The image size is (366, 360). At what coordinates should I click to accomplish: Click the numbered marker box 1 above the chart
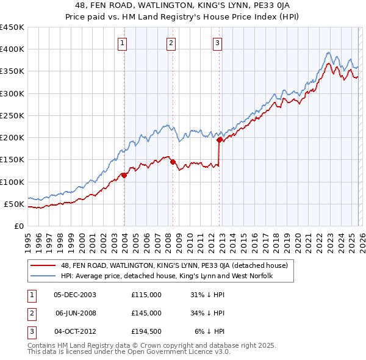[x=123, y=43]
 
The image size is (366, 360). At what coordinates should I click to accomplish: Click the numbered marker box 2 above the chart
[x=171, y=43]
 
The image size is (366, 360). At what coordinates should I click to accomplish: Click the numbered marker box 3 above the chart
[x=218, y=43]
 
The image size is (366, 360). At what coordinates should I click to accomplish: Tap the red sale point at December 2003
[x=124, y=175]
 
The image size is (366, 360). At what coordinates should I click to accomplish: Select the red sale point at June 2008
[x=173, y=162]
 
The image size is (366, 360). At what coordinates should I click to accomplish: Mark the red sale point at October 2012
[x=219, y=140]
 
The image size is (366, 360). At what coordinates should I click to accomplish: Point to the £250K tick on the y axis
[x=12, y=115]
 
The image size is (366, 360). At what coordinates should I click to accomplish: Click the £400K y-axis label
[x=12, y=49]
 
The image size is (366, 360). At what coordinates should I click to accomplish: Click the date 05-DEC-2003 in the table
[x=75, y=295]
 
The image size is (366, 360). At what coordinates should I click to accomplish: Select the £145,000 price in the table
[x=146, y=313]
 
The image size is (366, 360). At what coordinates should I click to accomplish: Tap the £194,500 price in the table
[x=146, y=331]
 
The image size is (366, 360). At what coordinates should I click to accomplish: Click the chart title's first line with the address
[x=182, y=5]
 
